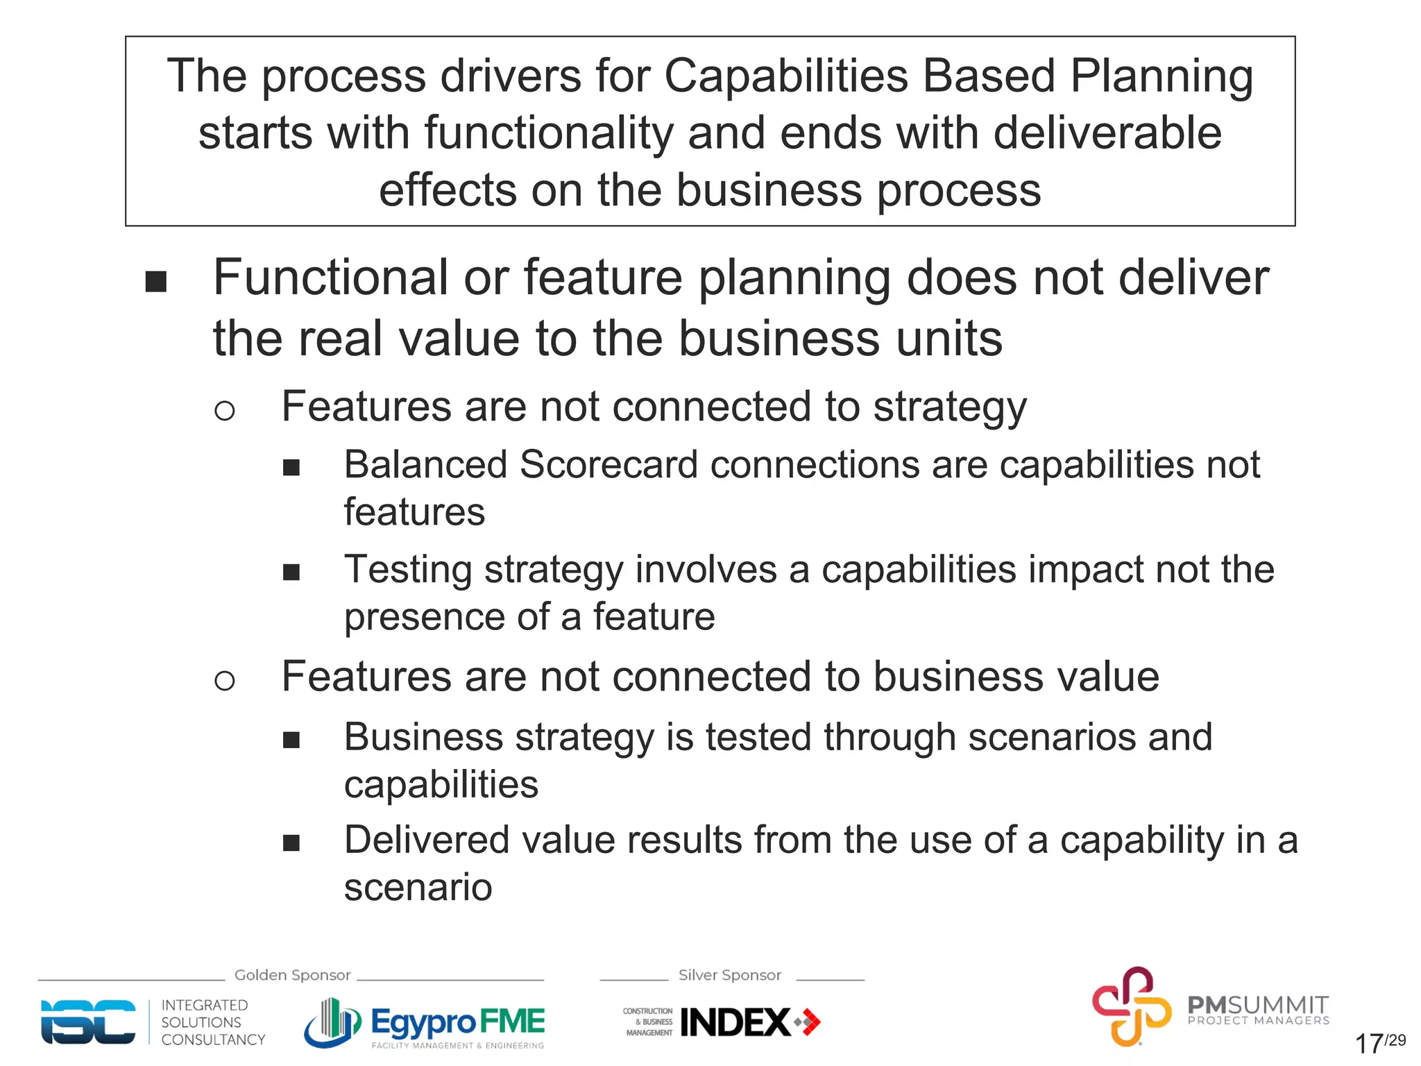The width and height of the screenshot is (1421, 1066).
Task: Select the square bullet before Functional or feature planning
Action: (156, 282)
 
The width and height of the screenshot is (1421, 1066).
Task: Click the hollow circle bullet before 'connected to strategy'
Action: (224, 411)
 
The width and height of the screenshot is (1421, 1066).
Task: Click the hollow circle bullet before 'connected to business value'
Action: (224, 681)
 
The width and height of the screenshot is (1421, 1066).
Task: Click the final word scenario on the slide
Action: (418, 888)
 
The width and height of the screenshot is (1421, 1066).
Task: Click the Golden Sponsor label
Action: (292, 975)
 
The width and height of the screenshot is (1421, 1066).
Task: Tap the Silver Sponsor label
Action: (729, 975)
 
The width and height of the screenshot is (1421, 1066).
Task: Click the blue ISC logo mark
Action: (88, 1022)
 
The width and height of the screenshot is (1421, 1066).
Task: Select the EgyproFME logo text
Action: (457, 1022)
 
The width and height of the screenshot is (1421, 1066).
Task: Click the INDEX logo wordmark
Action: (735, 1022)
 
